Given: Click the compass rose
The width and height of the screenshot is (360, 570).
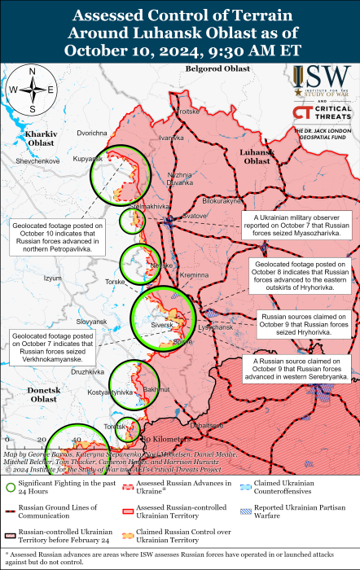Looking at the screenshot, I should point(32,90).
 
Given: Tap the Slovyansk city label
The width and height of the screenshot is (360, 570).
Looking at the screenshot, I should point(91,322).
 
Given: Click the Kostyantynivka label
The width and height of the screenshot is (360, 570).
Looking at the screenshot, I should point(109,392).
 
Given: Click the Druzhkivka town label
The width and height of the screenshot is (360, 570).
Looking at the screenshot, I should point(87,371).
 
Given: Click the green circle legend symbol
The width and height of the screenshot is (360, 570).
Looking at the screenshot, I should point(11,487).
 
